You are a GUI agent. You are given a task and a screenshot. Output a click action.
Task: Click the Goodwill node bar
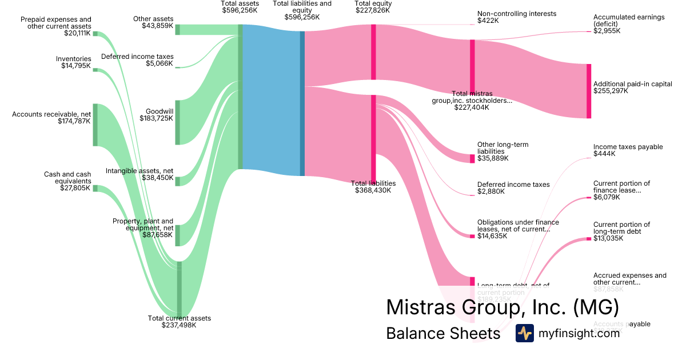178,122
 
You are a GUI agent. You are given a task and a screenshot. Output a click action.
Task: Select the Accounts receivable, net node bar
95,125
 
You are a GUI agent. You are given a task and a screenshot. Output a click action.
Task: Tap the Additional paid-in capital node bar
589,91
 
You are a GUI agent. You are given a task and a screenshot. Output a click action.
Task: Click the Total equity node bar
373,52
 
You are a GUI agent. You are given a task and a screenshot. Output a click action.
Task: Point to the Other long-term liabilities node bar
472,159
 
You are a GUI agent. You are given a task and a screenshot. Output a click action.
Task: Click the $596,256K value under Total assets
240,10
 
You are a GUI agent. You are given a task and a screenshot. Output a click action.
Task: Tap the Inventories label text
73,59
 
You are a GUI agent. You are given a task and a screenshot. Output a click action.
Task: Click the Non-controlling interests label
516,14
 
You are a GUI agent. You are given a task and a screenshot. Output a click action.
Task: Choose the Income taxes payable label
620,147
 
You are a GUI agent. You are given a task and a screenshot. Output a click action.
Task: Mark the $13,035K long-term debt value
608,238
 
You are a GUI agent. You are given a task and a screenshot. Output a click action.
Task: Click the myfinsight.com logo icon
524,333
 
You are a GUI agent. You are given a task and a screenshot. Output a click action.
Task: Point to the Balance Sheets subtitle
443,333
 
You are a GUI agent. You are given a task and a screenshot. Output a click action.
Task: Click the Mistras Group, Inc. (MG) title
502,307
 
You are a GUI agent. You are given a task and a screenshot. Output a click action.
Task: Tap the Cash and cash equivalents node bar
95,188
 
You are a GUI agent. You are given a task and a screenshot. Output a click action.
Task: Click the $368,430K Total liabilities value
373,190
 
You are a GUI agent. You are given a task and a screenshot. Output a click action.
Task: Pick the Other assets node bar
178,30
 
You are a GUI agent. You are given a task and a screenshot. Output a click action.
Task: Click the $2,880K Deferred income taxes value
491,191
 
